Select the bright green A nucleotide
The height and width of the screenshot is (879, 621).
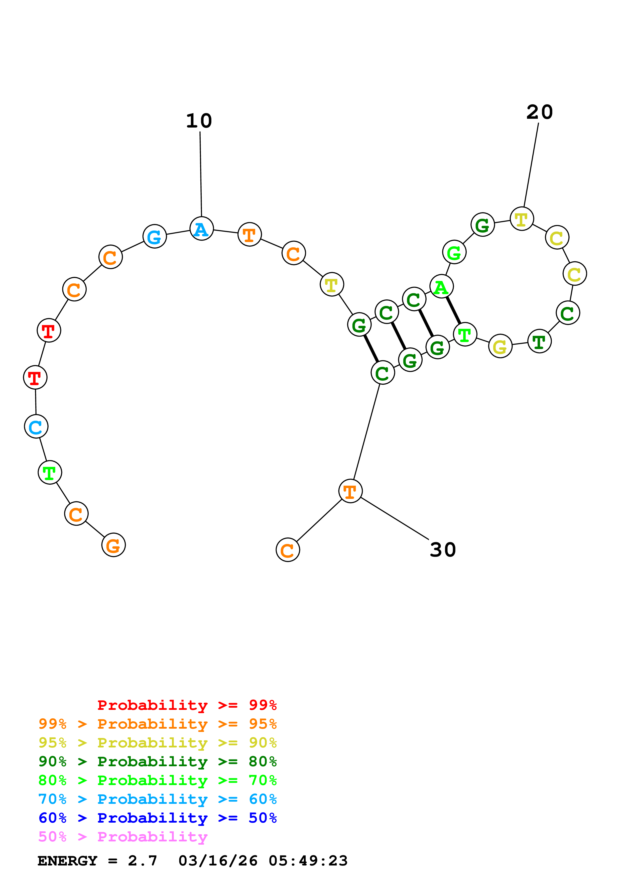pos(441,286)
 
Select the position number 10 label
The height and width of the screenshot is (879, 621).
pos(199,121)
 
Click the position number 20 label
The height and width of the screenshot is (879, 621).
pos(540,112)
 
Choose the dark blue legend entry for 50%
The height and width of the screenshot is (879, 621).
pos(157,818)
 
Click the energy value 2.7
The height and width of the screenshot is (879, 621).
pos(142,861)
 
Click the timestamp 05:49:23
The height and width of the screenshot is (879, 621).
pos(308,861)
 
